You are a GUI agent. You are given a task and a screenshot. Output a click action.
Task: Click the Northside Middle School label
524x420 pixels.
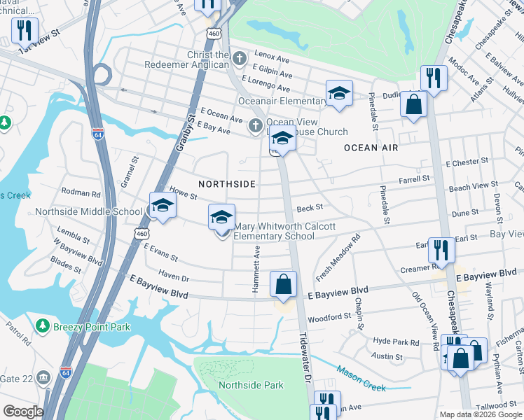click(x=88, y=211)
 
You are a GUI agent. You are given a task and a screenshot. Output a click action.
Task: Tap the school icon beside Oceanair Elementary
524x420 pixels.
click(x=339, y=94)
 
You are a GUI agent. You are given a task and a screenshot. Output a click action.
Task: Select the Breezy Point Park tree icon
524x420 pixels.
click(x=43, y=326)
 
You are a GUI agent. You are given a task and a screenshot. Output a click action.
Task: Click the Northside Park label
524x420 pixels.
click(x=251, y=385)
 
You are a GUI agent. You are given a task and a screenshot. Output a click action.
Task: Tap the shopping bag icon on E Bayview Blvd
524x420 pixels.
click(x=284, y=285)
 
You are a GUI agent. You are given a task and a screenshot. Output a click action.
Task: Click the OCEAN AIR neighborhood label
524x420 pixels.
click(x=371, y=148)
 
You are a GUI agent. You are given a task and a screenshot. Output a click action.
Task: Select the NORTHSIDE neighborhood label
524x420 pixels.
click(x=227, y=183)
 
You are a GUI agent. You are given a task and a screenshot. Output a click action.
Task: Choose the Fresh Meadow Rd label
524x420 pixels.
click(x=338, y=258)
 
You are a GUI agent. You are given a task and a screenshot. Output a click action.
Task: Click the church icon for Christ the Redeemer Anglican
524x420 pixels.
click(x=240, y=57)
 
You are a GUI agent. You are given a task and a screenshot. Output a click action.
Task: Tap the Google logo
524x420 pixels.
click(x=23, y=412)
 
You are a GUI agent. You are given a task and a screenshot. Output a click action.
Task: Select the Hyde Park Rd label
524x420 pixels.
click(x=396, y=342)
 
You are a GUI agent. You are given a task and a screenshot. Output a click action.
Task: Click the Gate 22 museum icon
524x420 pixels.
click(x=43, y=378)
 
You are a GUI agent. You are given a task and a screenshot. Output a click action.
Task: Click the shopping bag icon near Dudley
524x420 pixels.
click(x=413, y=105)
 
